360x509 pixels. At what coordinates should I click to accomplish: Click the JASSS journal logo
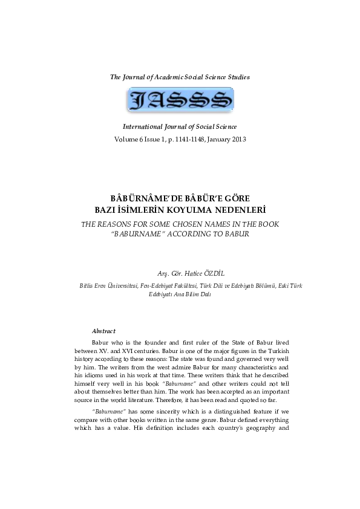[x=180, y=100]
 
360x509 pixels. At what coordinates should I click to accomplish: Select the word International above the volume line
[x=145, y=127]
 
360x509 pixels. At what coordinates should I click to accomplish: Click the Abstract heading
[x=103, y=331]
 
